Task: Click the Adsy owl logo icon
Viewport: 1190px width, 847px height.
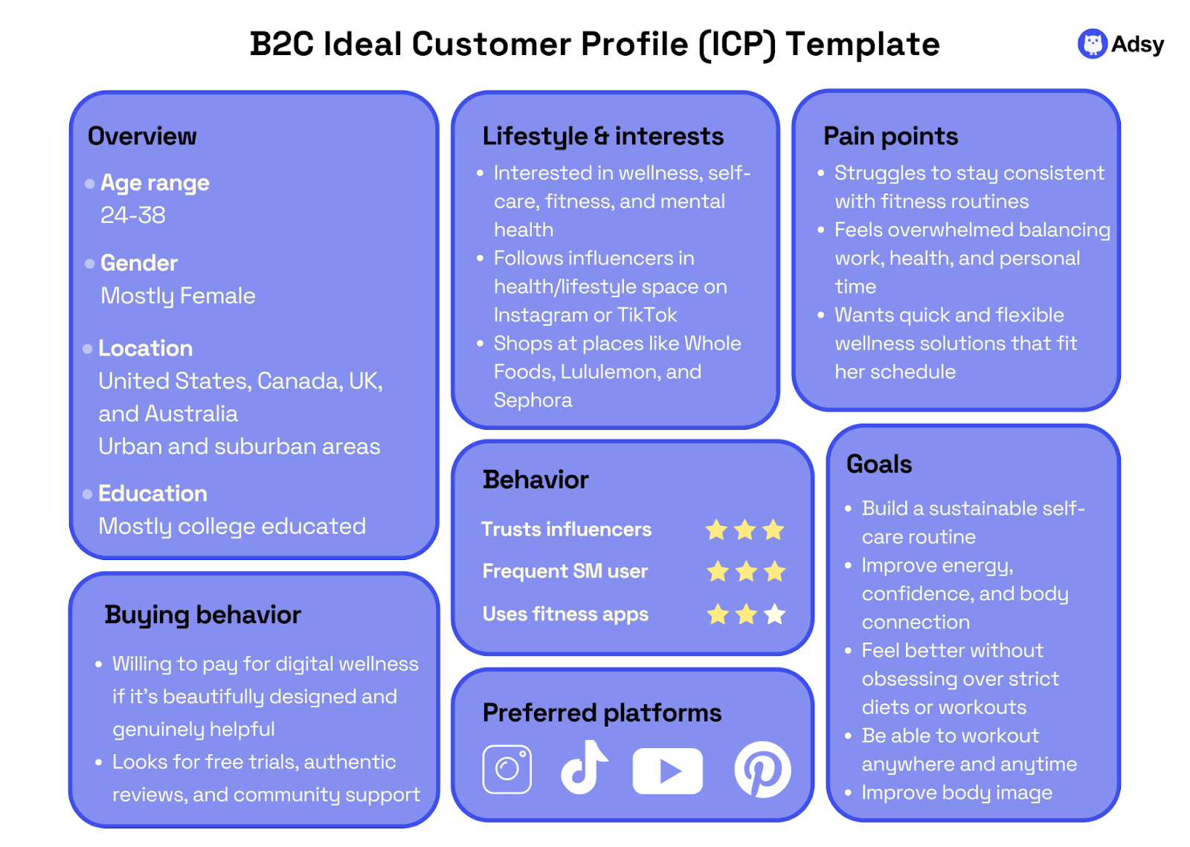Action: click(x=1093, y=44)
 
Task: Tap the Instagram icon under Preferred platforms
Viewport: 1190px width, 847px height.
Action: click(x=506, y=769)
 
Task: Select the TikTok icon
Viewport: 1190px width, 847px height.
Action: click(x=584, y=767)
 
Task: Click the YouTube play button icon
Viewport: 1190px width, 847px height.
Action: click(x=668, y=770)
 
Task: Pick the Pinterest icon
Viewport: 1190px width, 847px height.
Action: click(x=762, y=770)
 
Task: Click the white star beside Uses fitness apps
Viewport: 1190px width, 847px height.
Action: click(x=774, y=614)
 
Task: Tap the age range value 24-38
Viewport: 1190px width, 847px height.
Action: click(x=133, y=215)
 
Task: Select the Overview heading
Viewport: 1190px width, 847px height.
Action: click(x=142, y=136)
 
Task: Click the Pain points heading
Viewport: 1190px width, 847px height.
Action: click(x=890, y=136)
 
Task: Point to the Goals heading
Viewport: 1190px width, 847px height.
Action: click(x=879, y=463)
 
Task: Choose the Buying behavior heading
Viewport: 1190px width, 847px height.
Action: click(x=202, y=615)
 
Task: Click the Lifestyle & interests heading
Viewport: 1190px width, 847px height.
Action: click(x=603, y=137)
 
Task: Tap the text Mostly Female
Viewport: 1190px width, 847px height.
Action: click(x=178, y=296)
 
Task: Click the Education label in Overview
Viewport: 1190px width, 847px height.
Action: click(x=153, y=493)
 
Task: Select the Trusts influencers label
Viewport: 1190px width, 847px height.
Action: click(x=566, y=529)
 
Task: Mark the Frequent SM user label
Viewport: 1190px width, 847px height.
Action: click(x=565, y=571)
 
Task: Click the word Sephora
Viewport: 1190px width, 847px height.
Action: click(x=533, y=400)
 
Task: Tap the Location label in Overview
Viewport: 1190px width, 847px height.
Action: click(x=146, y=348)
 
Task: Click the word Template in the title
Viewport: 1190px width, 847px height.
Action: click(x=863, y=45)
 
